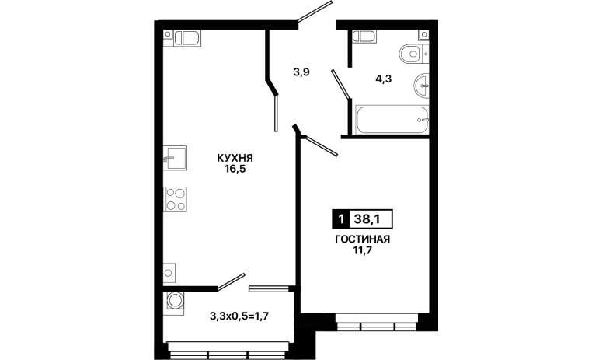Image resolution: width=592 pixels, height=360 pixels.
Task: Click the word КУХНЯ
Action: coord(235,158)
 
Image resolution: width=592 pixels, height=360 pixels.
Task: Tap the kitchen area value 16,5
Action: coord(235,169)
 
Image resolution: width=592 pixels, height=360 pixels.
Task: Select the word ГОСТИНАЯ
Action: coord(363,239)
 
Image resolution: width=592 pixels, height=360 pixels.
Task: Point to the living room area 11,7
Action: coord(363,250)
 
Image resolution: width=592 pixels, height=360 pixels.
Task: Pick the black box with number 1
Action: coord(341,219)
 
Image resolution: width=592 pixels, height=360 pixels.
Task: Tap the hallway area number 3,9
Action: coord(301,72)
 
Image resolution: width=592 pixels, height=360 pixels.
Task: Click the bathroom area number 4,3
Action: coord(383,79)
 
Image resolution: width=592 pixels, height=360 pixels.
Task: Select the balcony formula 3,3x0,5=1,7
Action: coord(239,316)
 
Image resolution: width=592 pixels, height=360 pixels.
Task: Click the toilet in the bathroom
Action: coord(413,54)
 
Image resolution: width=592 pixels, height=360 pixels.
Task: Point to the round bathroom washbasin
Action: coord(421,86)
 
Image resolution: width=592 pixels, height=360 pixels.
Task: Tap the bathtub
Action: coord(392,120)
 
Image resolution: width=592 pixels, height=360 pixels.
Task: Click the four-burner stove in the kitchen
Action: coord(175,199)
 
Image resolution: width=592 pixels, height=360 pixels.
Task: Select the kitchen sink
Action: coord(175,159)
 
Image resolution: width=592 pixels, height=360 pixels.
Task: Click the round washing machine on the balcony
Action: coord(175,301)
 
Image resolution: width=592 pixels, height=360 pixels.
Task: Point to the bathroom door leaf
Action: coord(340,85)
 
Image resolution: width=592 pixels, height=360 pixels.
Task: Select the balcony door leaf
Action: coord(231,281)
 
